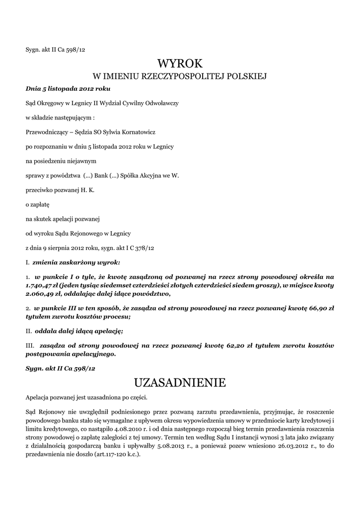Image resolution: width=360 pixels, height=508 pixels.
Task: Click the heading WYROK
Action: [x=180, y=63]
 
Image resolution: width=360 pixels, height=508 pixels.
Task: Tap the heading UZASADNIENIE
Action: [x=180, y=382]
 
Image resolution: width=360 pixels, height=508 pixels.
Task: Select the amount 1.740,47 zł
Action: [x=41, y=286]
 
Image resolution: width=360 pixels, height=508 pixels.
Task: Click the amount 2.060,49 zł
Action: [x=41, y=294]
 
